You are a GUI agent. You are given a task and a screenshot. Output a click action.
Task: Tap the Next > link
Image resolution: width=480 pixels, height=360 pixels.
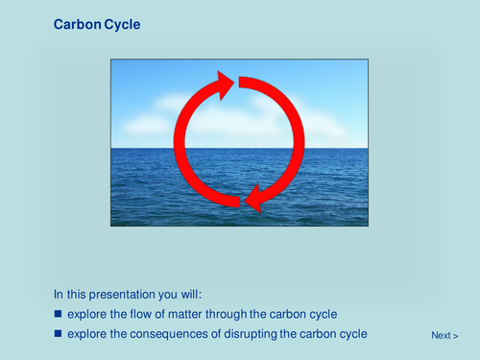tap(444, 335)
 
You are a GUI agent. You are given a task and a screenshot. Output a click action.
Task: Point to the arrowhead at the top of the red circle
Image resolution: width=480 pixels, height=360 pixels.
tap(226, 85)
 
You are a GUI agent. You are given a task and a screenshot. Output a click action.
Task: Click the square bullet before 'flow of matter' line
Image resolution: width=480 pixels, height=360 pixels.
tap(58, 314)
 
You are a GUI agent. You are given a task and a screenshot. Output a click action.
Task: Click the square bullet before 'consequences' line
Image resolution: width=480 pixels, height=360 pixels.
tap(58, 334)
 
